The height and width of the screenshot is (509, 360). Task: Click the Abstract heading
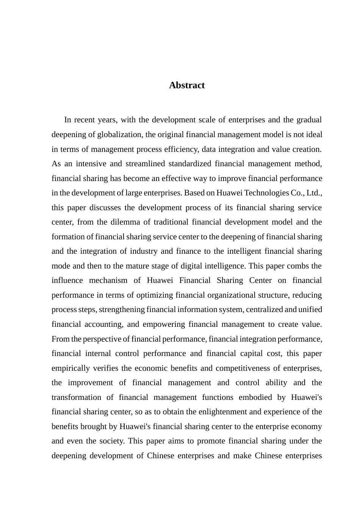coord(187,85)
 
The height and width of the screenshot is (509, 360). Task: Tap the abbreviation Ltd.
coord(314,193)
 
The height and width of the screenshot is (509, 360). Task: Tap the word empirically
coord(71,368)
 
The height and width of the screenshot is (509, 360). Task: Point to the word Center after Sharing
coord(260,280)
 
